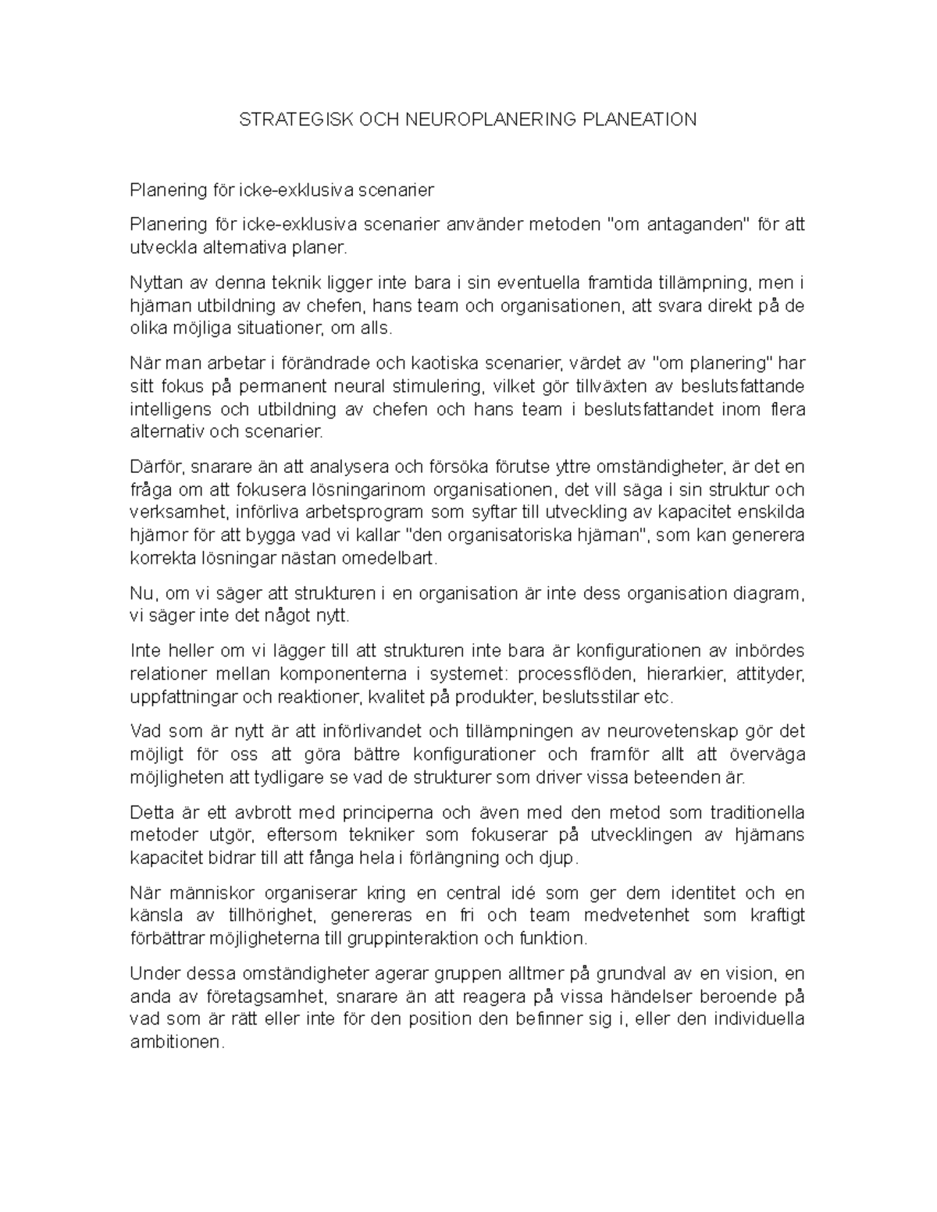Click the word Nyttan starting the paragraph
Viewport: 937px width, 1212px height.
tap(155, 283)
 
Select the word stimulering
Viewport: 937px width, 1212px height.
tap(423, 386)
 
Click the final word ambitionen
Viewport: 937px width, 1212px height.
tap(176, 1043)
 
